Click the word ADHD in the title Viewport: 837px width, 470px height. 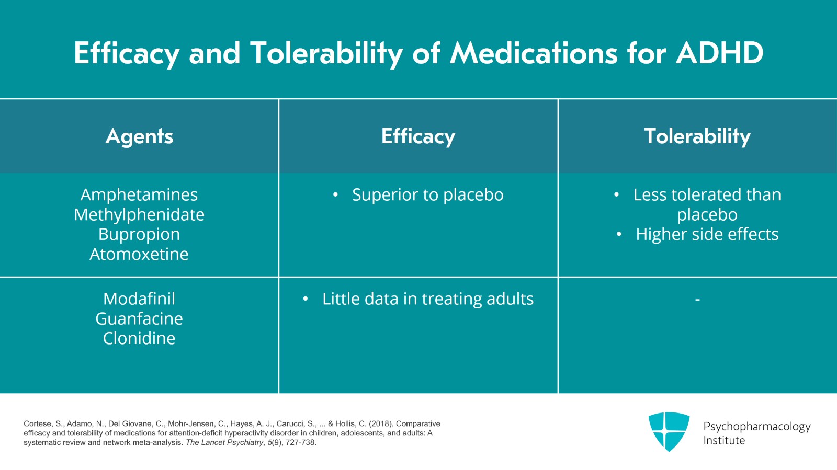tap(719, 53)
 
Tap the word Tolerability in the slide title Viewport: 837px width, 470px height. tap(326, 53)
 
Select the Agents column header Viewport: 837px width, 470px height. tap(139, 136)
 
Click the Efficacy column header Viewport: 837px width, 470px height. tap(418, 136)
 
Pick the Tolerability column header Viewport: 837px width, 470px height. tap(697, 136)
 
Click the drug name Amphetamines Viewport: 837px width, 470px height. tap(139, 195)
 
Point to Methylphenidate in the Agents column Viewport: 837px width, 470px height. tap(139, 215)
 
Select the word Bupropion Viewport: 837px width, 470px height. tap(139, 234)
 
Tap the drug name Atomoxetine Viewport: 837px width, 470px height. tap(139, 254)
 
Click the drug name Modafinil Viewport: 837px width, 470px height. tap(139, 299)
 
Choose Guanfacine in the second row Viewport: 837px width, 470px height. tap(139, 319)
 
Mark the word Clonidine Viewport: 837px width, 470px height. tap(139, 338)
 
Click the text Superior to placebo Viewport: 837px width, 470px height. tap(427, 195)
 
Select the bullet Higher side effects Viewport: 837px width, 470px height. tap(707, 234)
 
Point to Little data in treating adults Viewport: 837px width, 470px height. tap(427, 299)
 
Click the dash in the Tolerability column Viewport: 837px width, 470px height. tap(697, 300)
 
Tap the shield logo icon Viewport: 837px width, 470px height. tap(669, 431)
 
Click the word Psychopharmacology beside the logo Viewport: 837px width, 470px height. tap(756, 427)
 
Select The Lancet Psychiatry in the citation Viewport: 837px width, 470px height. tap(224, 442)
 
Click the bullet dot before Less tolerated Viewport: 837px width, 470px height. tap(617, 195)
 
